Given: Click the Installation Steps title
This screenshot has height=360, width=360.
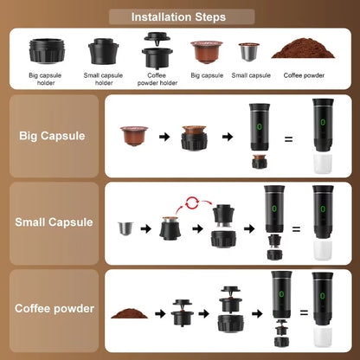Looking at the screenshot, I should pos(178,16).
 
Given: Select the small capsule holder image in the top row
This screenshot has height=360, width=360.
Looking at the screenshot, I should pos(103,49).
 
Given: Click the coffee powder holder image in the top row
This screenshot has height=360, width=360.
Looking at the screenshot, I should pos(157,47).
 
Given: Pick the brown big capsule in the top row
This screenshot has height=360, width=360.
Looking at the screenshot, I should pos(205,52).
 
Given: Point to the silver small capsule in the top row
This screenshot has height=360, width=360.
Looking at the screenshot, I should pos(250,53).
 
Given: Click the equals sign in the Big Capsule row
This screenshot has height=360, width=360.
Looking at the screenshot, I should pos(289,137).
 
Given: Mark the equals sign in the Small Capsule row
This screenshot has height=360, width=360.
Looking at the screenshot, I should pos(295,229).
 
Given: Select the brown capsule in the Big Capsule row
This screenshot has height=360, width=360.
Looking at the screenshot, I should pos(133,134).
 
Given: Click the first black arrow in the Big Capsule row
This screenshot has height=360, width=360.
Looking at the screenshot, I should pos(164,136).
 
